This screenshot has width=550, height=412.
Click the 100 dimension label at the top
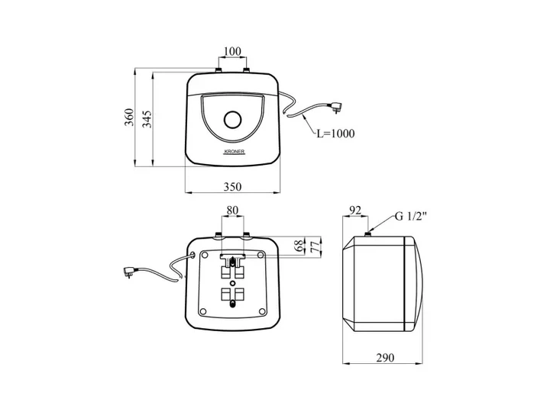[232, 51]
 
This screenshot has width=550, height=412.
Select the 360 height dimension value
[129, 117]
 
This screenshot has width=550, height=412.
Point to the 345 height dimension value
[147, 119]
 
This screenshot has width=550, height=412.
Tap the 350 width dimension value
[232, 186]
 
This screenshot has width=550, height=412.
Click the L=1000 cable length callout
[335, 134]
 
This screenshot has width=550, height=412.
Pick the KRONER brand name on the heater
[235, 152]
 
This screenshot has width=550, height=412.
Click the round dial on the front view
[232, 121]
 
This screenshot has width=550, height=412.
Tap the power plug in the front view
[335, 106]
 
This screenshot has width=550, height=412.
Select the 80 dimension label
[232, 211]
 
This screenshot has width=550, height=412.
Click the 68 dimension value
[299, 246]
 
